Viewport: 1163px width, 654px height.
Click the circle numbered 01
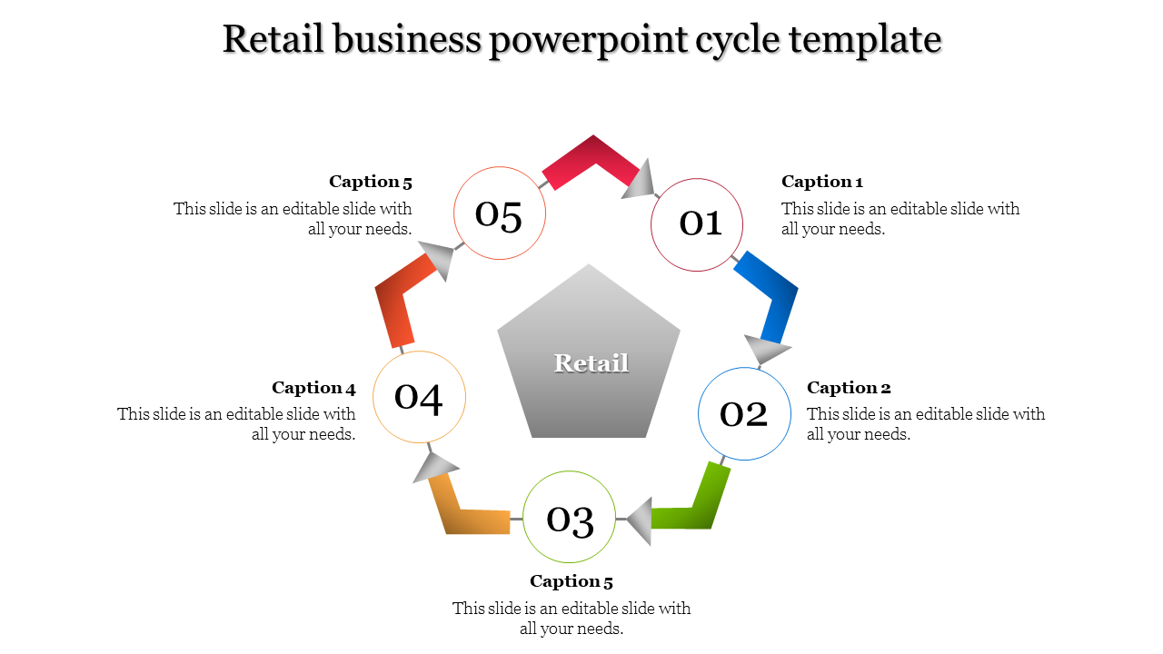pyautogui.click(x=697, y=224)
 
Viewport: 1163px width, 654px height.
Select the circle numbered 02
pyautogui.click(x=744, y=413)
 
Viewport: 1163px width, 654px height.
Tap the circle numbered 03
pyautogui.click(x=570, y=518)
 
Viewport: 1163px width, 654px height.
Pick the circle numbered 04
pyautogui.click(x=419, y=397)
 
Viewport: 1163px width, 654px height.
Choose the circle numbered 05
pyautogui.click(x=500, y=213)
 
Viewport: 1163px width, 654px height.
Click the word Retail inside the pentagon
pyautogui.click(x=591, y=363)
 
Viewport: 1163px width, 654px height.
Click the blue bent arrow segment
pyautogui.click(x=772, y=291)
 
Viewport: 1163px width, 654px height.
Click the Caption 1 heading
pyautogui.click(x=821, y=182)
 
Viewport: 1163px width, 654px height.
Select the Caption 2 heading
pyautogui.click(x=849, y=388)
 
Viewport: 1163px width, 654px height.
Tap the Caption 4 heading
pyautogui.click(x=313, y=388)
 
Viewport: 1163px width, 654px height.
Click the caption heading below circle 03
pyautogui.click(x=572, y=581)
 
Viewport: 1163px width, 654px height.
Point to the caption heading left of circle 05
pyautogui.click(x=371, y=182)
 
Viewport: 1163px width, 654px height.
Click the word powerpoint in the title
pyautogui.click(x=588, y=41)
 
